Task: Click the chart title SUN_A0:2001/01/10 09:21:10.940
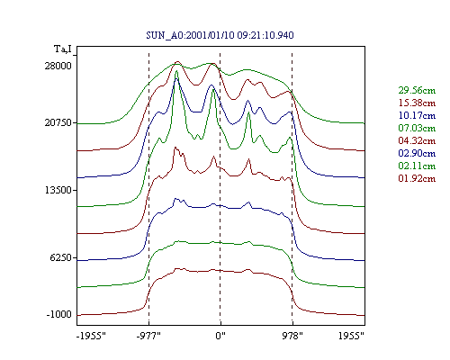pos(220,35)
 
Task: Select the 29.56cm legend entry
pos(417,90)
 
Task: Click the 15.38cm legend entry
pos(417,103)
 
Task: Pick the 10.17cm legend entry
pos(417,115)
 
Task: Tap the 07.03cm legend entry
pos(417,128)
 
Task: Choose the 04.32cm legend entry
pos(417,140)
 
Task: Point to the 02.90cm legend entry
pos(417,153)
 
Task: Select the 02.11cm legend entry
pos(417,166)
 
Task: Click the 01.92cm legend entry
pos(417,178)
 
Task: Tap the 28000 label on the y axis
pos(58,66)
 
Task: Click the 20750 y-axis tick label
pos(58,122)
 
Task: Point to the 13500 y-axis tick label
pos(58,190)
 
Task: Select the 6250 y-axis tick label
pos(61,257)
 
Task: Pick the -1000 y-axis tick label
pos(59,315)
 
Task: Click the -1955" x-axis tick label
pos(91,336)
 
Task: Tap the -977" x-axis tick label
pos(148,336)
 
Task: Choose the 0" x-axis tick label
pos(220,336)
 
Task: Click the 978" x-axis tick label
pos(292,336)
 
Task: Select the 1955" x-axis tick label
pos(351,336)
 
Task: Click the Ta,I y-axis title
pos(63,49)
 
